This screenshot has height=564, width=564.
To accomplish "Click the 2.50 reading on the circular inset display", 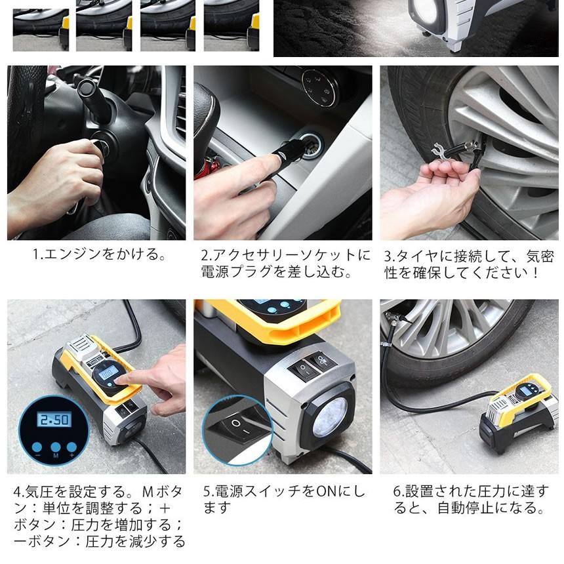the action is (x=54, y=420).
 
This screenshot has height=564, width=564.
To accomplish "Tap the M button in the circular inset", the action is (x=55, y=447).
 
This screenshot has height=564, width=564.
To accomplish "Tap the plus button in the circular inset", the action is (x=71, y=447).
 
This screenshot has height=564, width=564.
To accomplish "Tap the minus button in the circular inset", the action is (x=37, y=447).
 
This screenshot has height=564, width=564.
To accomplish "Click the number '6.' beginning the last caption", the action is (x=399, y=491).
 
